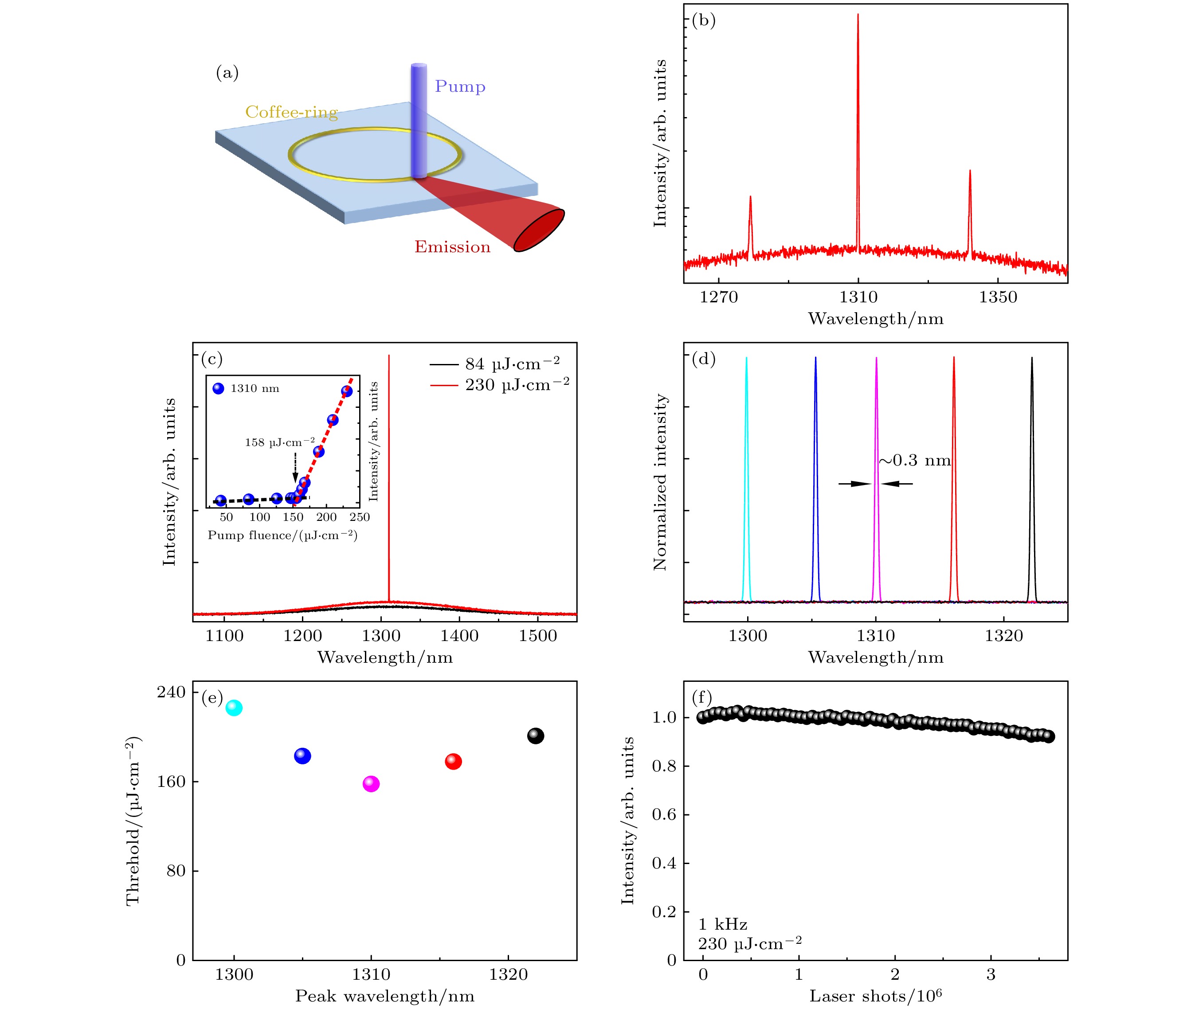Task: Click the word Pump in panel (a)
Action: pos(460,86)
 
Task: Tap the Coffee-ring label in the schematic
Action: pos(291,112)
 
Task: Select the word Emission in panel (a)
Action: pos(452,246)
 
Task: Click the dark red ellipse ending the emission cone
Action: pos(539,231)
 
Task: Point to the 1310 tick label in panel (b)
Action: pos(858,297)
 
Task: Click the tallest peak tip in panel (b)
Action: pos(858,16)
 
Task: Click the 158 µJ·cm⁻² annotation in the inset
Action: pos(280,442)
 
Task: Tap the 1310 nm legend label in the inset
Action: pos(255,389)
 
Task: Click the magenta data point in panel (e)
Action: pos(371,784)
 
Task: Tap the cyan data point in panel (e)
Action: pos(234,708)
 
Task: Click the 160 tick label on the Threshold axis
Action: pos(172,781)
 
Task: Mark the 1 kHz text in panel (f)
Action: pos(722,925)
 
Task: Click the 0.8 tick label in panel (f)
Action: pos(664,766)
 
